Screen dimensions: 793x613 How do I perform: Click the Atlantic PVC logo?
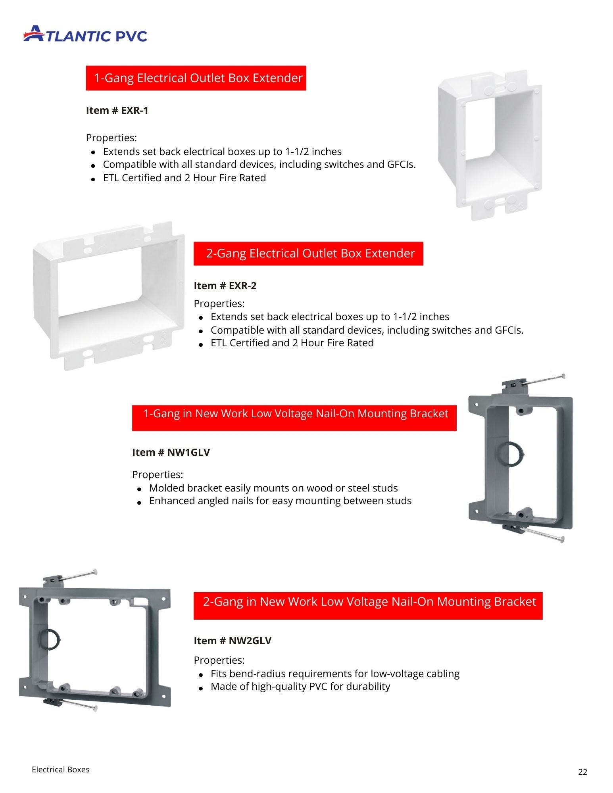85,34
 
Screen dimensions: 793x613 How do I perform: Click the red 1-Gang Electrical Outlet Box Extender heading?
196,78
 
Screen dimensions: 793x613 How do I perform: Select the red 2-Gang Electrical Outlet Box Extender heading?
308,253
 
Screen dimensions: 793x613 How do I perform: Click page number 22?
582,772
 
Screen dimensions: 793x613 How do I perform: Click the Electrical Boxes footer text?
61,769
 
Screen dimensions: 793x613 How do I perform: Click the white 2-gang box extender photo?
108,296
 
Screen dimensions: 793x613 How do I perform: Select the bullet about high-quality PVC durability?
300,686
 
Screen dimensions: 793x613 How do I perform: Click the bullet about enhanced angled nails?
280,501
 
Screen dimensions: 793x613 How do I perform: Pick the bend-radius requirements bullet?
334,674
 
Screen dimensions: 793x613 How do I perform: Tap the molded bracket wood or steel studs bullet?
273,488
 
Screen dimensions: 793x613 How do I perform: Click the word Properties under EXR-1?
111,138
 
